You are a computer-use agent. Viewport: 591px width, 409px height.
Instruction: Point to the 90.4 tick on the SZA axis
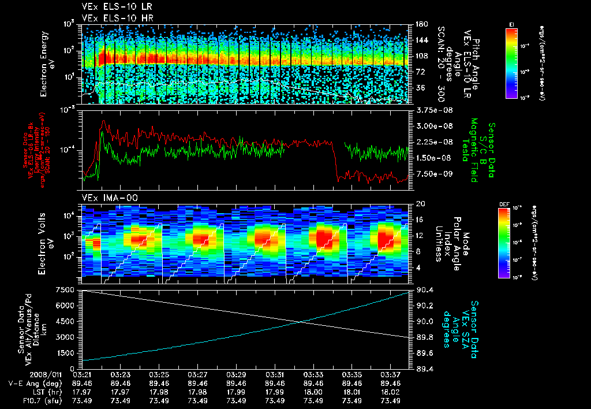pyautogui.click(x=424, y=289)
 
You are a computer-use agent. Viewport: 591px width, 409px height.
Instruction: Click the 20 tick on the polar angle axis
pyautogui.click(x=421, y=204)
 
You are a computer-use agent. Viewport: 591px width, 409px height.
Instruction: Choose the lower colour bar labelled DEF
pyautogui.click(x=503, y=243)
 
